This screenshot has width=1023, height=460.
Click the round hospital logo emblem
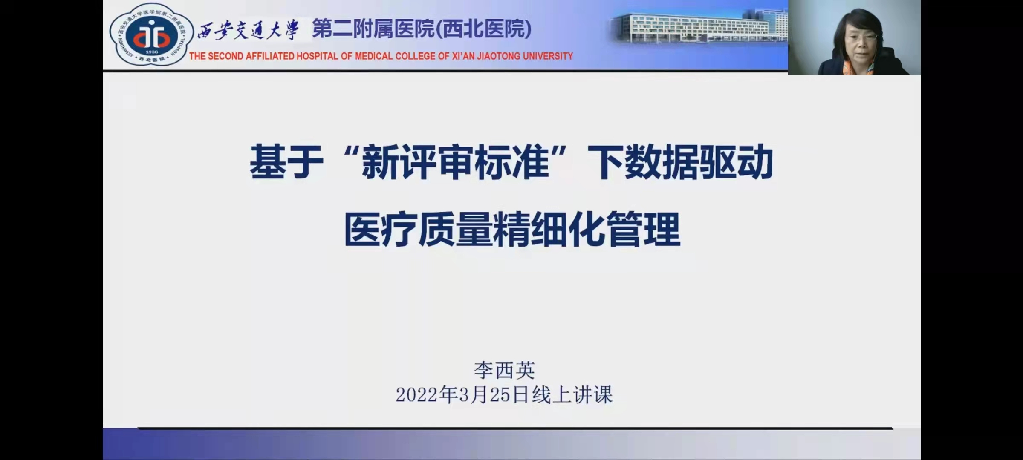tap(149, 34)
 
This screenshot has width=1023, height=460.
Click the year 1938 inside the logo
tap(151, 52)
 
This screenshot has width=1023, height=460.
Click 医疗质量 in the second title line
tap(418, 230)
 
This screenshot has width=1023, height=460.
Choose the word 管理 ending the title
tap(644, 230)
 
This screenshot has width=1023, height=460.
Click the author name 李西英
tap(504, 370)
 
